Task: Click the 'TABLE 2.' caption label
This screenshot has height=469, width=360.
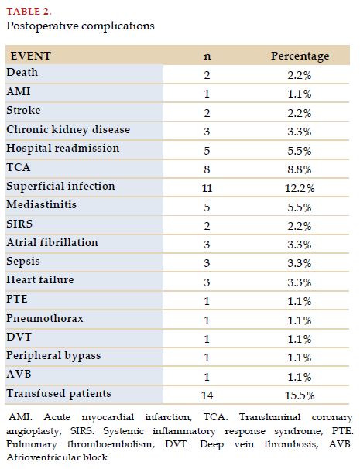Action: point(29,12)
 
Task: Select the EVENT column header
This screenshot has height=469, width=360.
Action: point(30,56)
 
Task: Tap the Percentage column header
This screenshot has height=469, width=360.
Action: point(300,56)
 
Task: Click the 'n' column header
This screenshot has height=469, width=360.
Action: point(207,56)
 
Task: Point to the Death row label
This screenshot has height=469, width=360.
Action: point(22,72)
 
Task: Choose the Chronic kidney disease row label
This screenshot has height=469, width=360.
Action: point(68,130)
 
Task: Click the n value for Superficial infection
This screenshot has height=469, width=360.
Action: point(207,188)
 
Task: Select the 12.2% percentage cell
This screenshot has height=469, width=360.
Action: point(300,188)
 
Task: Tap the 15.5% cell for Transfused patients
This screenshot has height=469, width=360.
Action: point(300,395)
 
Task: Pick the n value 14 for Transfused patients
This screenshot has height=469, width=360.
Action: point(207,395)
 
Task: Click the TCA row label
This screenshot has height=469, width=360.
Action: point(19,167)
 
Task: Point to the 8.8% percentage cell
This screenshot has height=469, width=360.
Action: point(300,169)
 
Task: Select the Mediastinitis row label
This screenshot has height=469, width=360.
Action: point(41,204)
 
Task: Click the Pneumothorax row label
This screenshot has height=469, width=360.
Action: point(45,318)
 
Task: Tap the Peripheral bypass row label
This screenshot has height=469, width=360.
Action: point(53,356)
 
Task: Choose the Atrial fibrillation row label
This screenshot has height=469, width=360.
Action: point(52,242)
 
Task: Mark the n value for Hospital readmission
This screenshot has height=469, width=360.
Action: point(207,150)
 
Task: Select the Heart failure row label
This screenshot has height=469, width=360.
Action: point(40,279)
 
